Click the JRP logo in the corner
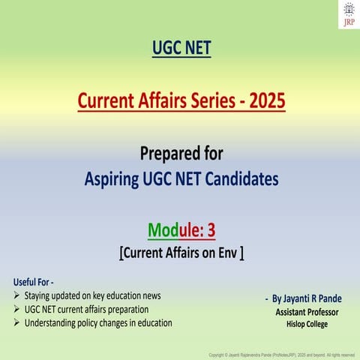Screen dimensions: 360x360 (348, 13)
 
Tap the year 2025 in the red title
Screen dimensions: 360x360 (265, 100)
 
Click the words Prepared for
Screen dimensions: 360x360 (180, 154)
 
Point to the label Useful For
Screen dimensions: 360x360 (33, 281)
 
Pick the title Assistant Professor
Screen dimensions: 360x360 (307, 312)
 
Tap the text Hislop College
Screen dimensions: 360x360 (307, 324)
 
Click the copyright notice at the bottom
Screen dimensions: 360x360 (281, 353)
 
